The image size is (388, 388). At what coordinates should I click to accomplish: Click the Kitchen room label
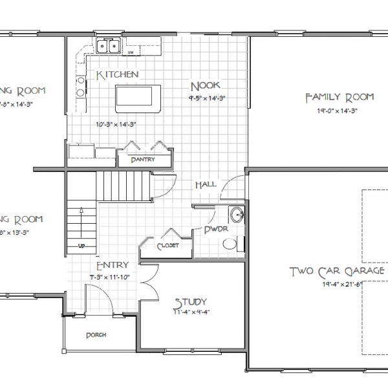pyautogui.click(x=117, y=75)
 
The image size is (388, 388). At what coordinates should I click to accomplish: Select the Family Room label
pyautogui.click(x=339, y=97)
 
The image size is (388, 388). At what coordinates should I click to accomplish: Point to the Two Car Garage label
pyautogui.click(x=336, y=271)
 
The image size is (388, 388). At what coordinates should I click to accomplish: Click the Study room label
pyautogui.click(x=190, y=301)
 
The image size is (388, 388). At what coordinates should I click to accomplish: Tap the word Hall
pyautogui.click(x=205, y=185)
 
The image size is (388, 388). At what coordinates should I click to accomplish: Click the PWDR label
pyautogui.click(x=213, y=229)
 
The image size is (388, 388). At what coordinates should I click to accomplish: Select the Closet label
pyautogui.click(x=167, y=246)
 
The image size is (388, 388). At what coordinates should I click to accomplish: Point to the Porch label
pyautogui.click(x=95, y=335)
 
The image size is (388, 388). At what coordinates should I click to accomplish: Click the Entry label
pyautogui.click(x=112, y=265)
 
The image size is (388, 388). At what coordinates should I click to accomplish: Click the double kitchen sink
pyautogui.click(x=108, y=46)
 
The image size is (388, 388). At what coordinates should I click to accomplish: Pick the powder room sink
pyautogui.click(x=236, y=215)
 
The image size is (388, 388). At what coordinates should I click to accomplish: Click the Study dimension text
pyautogui.click(x=191, y=312)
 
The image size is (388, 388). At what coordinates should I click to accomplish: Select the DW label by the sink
pyautogui.click(x=130, y=52)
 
